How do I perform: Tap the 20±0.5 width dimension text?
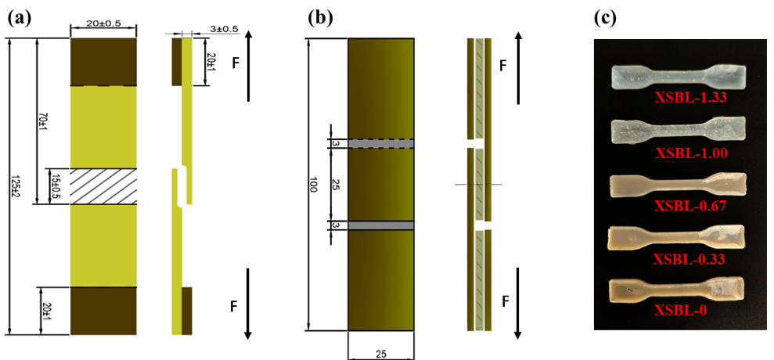103,23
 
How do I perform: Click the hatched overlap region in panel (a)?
103,186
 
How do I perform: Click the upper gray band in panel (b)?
380,143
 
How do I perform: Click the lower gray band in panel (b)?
380,225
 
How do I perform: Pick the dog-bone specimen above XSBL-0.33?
678,237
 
